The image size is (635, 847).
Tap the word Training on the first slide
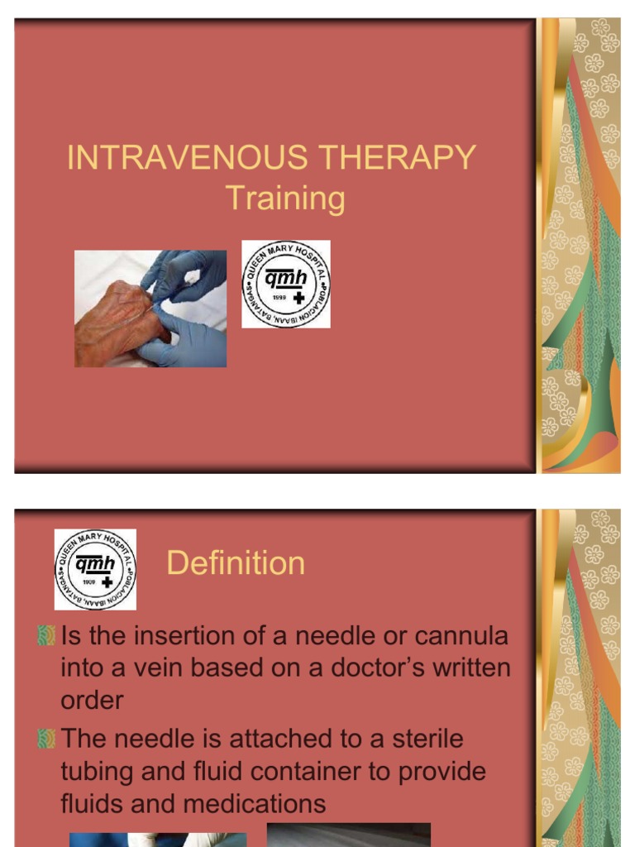285,199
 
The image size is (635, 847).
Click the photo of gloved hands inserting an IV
150,309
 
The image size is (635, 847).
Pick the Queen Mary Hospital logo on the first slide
286,284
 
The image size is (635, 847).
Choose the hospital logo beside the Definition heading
95,570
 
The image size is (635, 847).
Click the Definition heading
236,563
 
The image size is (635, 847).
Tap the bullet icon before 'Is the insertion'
46,636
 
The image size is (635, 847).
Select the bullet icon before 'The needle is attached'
46,739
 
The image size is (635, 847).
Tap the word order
92,700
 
